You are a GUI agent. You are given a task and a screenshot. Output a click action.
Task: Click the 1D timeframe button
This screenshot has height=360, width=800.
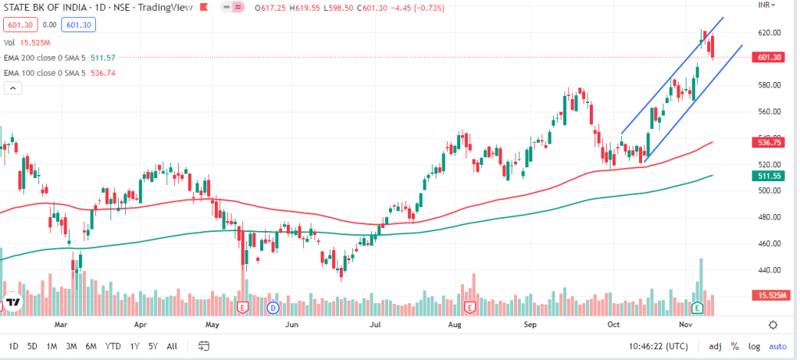pyautogui.click(x=13, y=346)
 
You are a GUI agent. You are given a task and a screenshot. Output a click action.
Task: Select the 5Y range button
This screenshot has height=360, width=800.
pyautogui.click(x=153, y=346)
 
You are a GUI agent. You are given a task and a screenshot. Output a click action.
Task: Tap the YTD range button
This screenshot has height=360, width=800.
pyautogui.click(x=112, y=346)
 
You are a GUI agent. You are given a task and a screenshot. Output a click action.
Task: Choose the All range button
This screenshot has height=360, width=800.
pyautogui.click(x=172, y=346)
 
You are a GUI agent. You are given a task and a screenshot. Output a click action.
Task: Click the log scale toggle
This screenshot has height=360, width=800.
pyautogui.click(x=754, y=346)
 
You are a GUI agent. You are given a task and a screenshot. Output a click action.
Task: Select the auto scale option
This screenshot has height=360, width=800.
pyautogui.click(x=777, y=346)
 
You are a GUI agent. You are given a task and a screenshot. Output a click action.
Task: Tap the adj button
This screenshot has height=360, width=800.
pyautogui.click(x=715, y=346)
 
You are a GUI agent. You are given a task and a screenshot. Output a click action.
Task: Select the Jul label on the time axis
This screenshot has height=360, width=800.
pyautogui.click(x=375, y=323)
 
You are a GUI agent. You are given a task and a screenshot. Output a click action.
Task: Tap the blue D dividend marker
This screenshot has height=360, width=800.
pyautogui.click(x=273, y=307)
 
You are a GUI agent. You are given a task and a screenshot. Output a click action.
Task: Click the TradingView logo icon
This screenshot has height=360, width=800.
pyautogui.click(x=13, y=302)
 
